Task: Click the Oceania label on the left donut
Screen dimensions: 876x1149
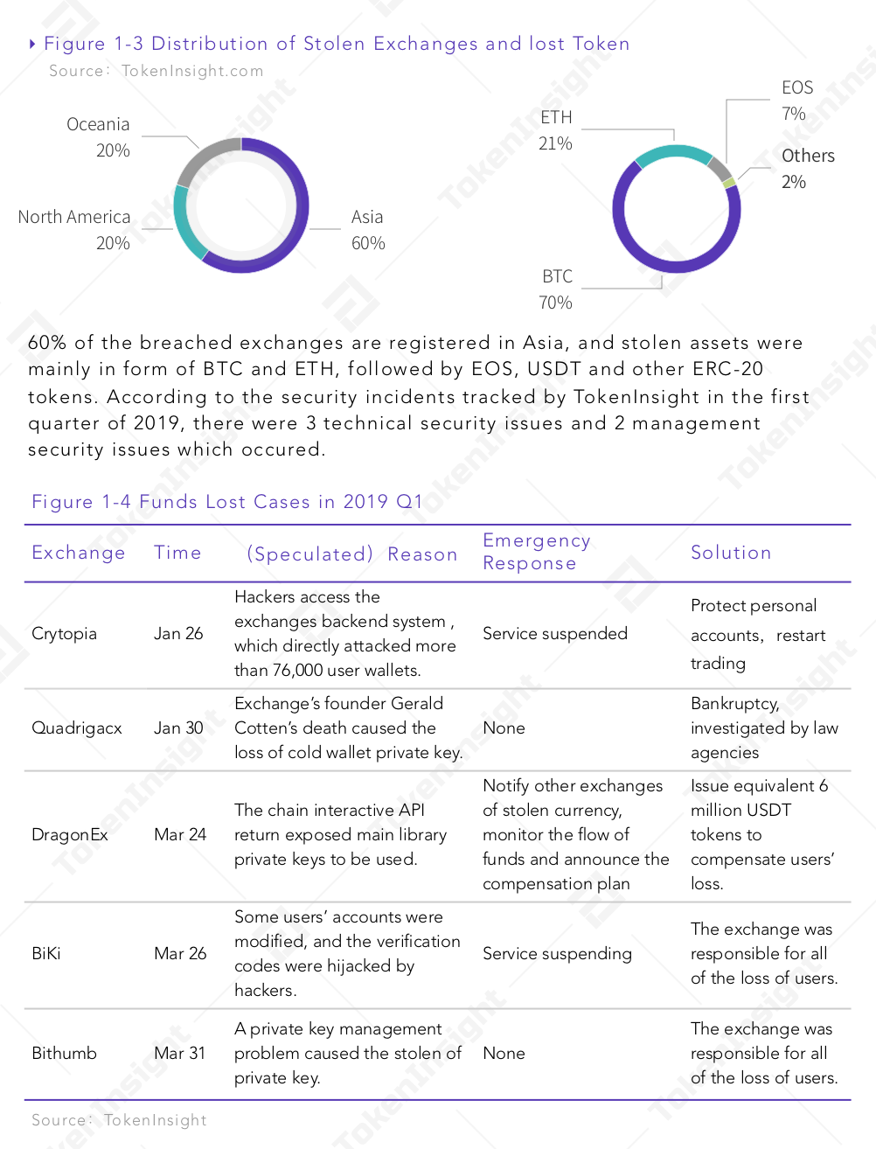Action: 98,124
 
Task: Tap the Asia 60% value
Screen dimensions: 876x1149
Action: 368,243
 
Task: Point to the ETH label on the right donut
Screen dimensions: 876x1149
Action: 556,117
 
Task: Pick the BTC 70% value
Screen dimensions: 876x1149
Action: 555,303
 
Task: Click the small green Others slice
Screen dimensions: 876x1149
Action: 729,184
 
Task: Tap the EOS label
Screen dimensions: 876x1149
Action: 797,87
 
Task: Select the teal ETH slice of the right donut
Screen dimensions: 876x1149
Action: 672,152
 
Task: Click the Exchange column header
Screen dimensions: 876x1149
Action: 79,553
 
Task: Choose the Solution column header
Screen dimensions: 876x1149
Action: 731,553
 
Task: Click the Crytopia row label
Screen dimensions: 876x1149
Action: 65,633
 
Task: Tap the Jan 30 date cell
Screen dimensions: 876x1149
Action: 178,728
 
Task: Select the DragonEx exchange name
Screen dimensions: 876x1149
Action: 70,834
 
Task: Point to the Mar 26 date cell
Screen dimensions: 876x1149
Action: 180,953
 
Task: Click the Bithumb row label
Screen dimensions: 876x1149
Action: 65,1053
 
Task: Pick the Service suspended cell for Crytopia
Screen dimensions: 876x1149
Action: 555,633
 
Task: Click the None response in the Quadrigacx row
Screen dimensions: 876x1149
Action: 504,728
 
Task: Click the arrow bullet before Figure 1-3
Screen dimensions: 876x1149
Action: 32,44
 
